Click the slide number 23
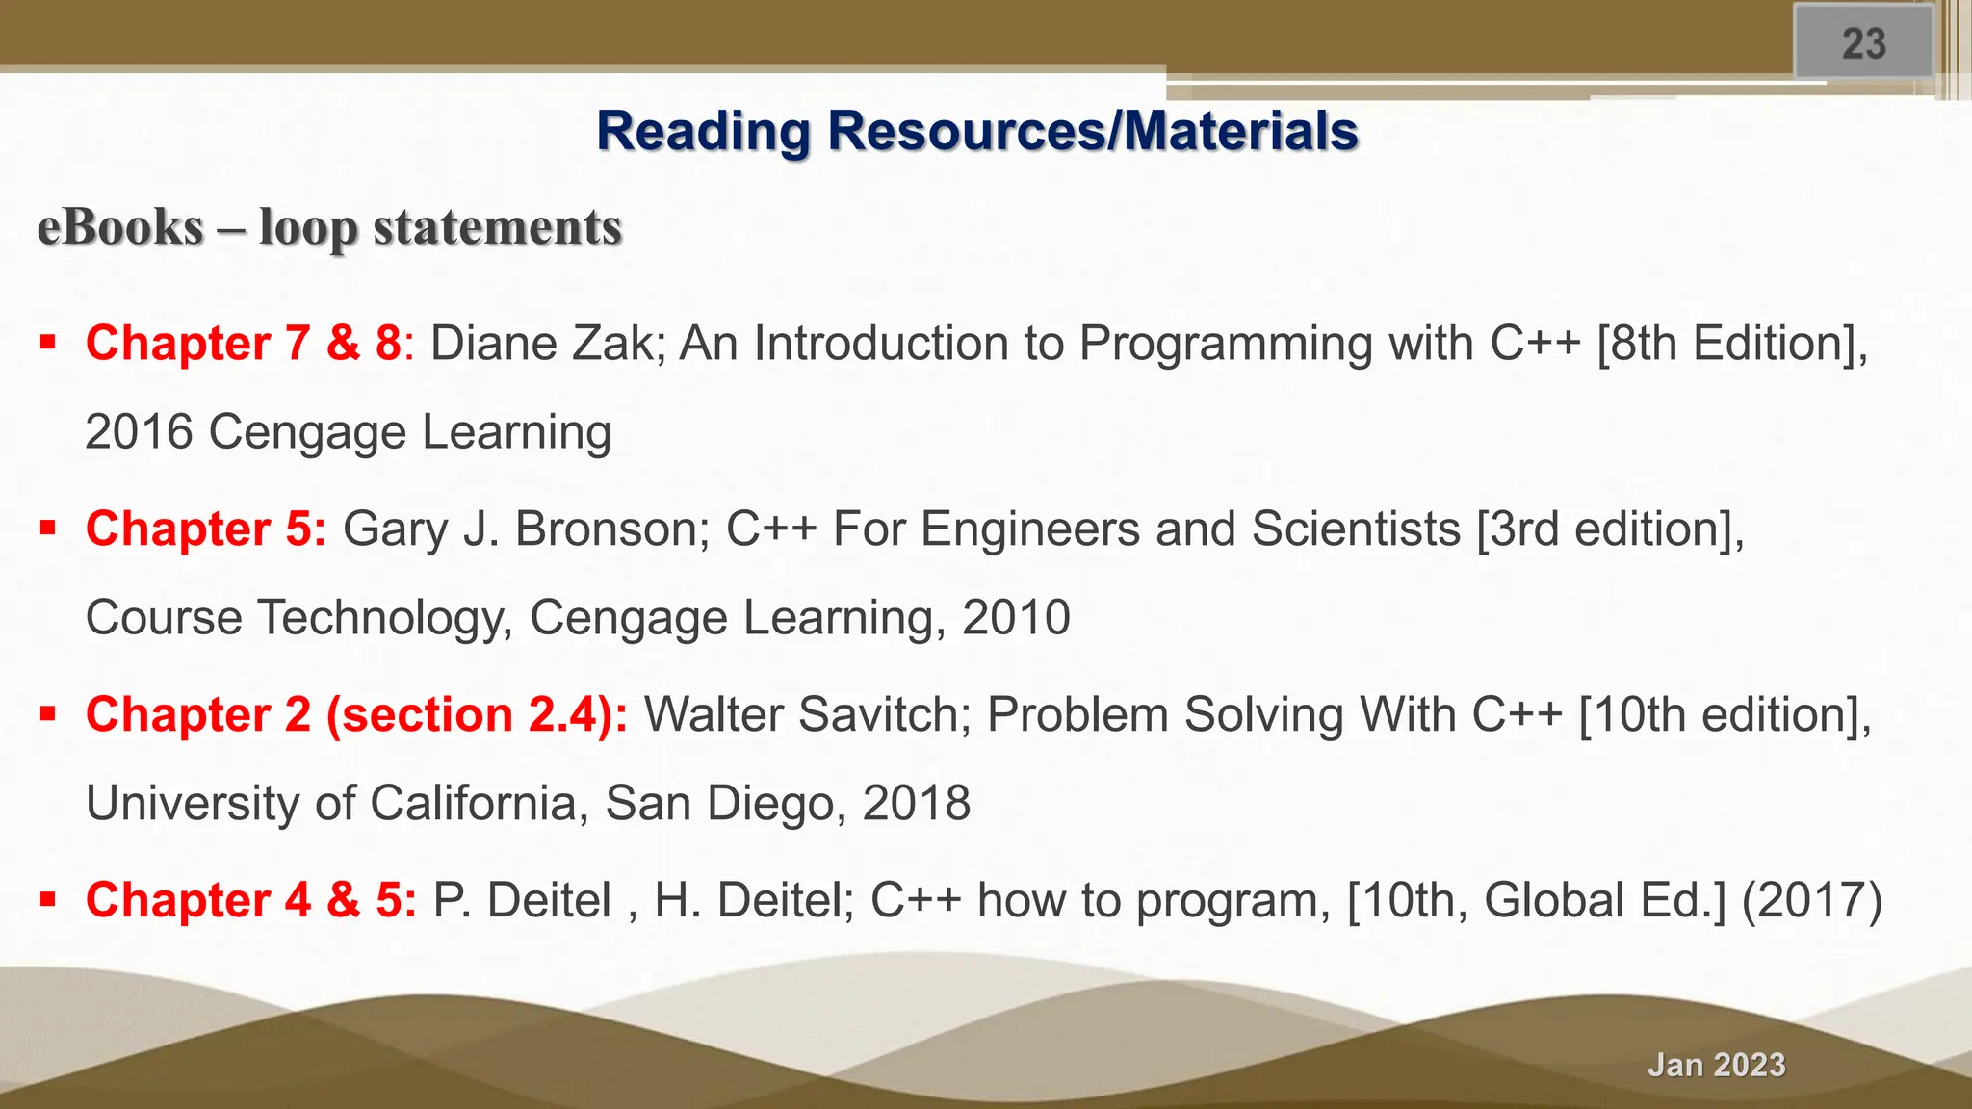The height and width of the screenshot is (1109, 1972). click(x=1863, y=44)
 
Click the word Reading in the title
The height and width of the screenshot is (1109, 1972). click(x=703, y=131)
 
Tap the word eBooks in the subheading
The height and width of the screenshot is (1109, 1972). click(x=120, y=228)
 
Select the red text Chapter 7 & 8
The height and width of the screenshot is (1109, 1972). click(x=243, y=344)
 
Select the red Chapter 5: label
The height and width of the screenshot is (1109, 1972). click(x=206, y=529)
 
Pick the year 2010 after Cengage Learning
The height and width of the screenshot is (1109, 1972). click(x=1016, y=618)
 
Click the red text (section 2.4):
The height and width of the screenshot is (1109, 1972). click(x=477, y=715)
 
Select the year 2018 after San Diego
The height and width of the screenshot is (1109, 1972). click(x=916, y=804)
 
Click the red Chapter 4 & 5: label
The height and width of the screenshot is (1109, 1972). click(x=251, y=901)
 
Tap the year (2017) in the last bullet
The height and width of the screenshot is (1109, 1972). click(x=1811, y=901)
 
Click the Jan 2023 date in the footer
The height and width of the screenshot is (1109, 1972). click(x=1716, y=1065)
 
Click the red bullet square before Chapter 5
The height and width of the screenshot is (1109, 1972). click(x=48, y=528)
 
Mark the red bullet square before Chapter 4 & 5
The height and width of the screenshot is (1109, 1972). click(x=48, y=899)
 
